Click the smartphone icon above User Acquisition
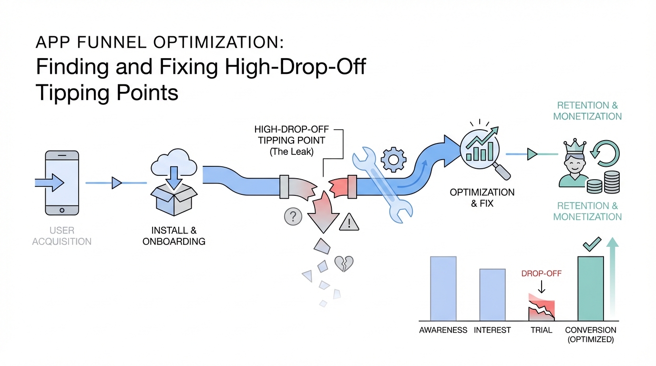point(61,183)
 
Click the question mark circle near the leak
point(293,216)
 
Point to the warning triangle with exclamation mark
point(349,222)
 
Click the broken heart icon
point(344,264)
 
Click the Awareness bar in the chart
point(443,288)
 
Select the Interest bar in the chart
point(492,295)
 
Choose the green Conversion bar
point(591,288)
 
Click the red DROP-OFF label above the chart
point(541,274)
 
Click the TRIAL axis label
point(541,330)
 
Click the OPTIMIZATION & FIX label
point(482,198)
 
